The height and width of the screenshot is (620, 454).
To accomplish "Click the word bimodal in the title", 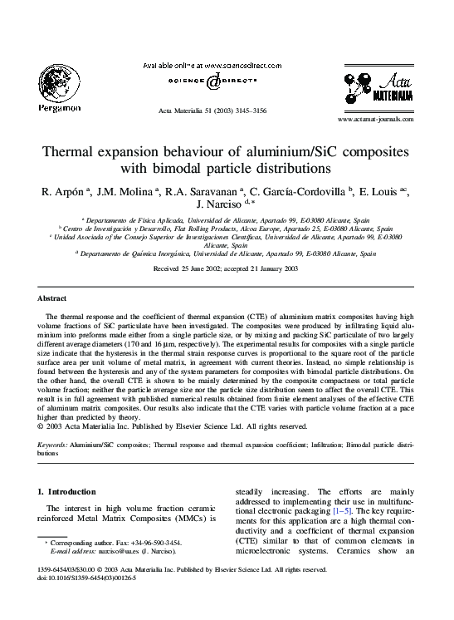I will (193, 172).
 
